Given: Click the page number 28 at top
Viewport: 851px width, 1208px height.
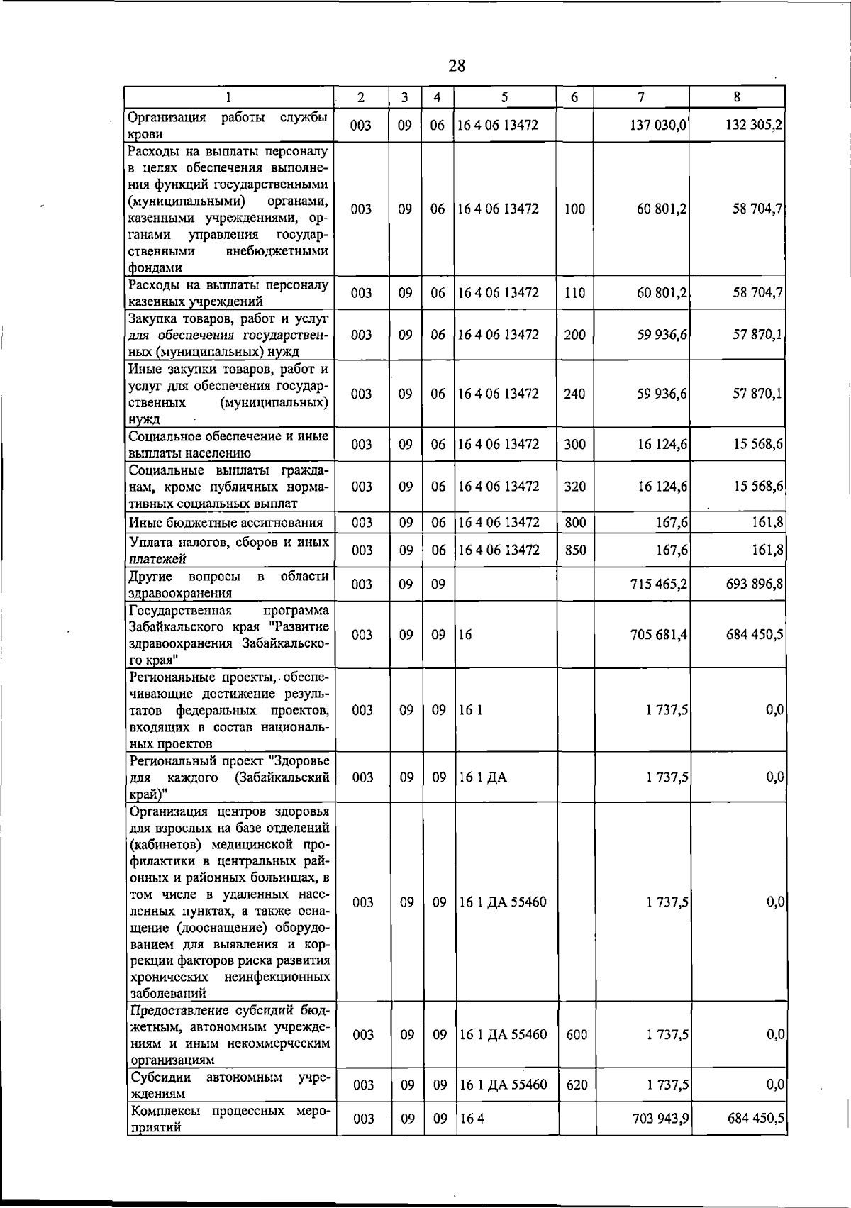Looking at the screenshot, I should tap(457, 67).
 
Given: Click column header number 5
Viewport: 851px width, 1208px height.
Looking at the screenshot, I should tap(504, 97).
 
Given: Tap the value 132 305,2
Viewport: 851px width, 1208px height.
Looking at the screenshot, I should tap(754, 126).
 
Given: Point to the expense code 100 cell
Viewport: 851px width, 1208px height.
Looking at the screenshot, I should tap(574, 209).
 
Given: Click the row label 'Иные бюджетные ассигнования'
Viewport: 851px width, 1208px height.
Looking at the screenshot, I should tap(226, 523).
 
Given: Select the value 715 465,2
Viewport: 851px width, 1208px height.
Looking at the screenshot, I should tap(659, 584).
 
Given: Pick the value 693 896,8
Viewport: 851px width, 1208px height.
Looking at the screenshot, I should tap(754, 584).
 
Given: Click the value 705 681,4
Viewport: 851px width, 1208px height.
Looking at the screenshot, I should tap(659, 635).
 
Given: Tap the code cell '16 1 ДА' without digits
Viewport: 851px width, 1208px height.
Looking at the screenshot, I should tap(483, 777).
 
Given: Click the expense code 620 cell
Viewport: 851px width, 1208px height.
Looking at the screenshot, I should tap(577, 1085).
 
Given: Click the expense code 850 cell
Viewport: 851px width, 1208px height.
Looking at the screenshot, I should tap(574, 550).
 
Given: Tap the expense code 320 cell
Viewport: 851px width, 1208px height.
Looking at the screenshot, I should tap(574, 487).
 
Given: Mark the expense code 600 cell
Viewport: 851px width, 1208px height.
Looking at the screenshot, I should tap(577, 1035).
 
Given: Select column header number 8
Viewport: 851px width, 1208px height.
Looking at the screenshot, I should tap(738, 97).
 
